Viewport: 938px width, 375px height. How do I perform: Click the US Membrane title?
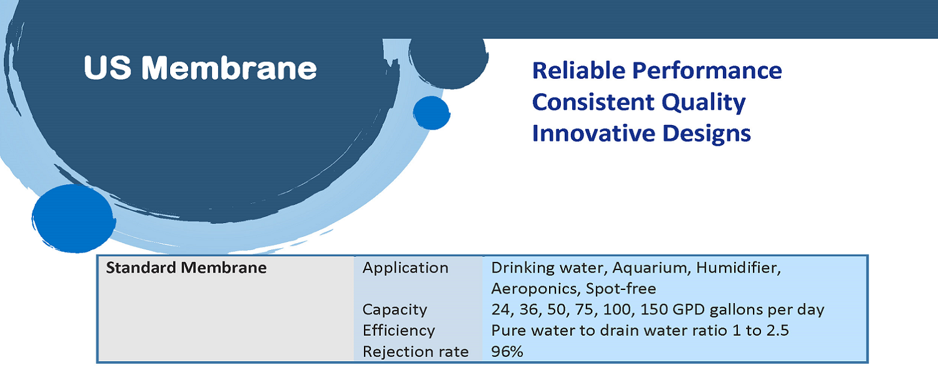pyautogui.click(x=200, y=67)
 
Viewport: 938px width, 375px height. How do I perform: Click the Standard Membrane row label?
pyautogui.click(x=186, y=268)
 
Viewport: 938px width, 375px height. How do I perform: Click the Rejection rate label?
pyautogui.click(x=415, y=352)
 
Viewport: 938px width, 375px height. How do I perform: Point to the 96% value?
pyautogui.click(x=507, y=351)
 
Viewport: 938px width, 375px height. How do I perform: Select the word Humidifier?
pyautogui.click(x=739, y=268)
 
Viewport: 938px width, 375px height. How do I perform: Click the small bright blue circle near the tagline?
pyautogui.click(x=431, y=112)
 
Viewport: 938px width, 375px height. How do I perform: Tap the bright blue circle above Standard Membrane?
pyautogui.click(x=74, y=219)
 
